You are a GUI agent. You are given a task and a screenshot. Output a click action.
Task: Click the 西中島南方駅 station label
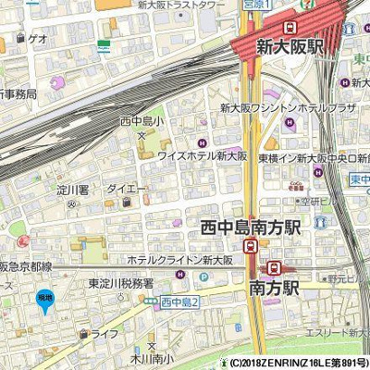[251, 227]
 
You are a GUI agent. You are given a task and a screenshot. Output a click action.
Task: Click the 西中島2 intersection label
[179, 302]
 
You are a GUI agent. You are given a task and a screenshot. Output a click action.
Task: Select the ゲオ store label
[37, 39]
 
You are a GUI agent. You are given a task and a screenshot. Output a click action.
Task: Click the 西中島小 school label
[142, 121]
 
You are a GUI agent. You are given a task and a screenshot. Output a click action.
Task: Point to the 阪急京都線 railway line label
[26, 266]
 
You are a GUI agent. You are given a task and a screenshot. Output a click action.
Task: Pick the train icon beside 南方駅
[273, 267]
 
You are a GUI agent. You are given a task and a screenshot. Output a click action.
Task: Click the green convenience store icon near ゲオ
[104, 44]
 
